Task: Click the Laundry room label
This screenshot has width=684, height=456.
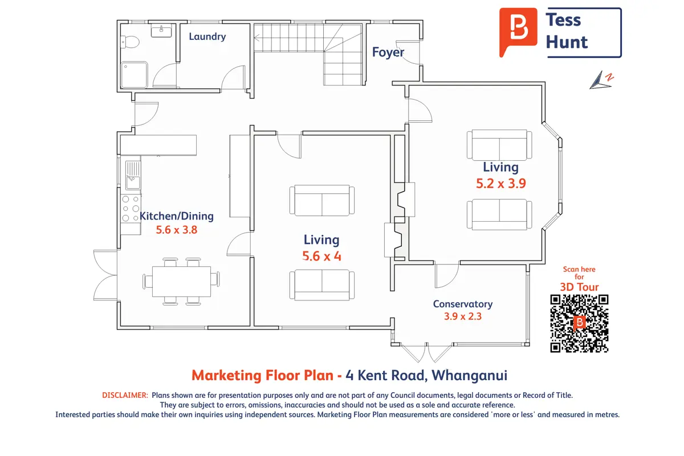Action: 207,36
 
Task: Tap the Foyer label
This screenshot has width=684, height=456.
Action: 388,52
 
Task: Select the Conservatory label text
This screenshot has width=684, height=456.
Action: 463,304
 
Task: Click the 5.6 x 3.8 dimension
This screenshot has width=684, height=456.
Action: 177,230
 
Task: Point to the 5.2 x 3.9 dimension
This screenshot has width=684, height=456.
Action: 501,184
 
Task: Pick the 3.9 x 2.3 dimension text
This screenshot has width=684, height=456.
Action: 463,316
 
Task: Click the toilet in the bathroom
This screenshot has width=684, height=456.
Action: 130,42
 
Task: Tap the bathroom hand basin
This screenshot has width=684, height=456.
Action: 161,31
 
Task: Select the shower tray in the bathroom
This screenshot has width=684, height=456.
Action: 135,75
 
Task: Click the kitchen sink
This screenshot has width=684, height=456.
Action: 133,176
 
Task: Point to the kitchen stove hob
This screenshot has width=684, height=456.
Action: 131,209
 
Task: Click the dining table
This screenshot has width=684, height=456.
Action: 181,282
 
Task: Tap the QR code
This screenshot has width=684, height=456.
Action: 579,323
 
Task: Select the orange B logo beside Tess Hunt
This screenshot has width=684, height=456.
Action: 518,32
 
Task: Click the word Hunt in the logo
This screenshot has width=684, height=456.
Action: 567,42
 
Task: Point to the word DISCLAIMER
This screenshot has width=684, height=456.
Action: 125,395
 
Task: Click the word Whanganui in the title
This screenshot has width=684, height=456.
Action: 469,376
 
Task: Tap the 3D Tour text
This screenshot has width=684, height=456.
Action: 579,287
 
